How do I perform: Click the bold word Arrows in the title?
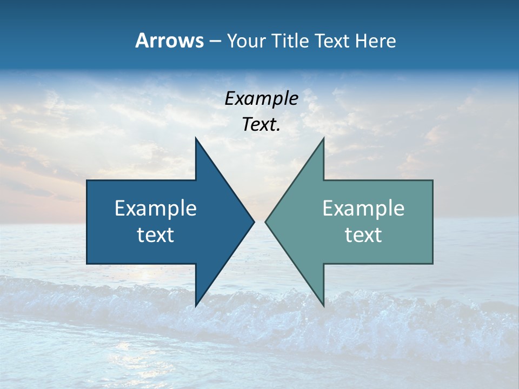169,41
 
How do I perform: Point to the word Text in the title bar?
333,41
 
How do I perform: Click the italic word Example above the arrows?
262,99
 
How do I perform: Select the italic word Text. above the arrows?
262,125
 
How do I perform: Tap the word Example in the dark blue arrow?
156,209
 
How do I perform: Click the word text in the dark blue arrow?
156,235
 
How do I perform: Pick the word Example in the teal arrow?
363,209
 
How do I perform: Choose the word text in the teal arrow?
363,235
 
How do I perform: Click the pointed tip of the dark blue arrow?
254,222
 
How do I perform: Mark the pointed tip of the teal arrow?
265,222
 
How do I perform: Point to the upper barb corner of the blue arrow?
196,138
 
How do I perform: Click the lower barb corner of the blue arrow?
196,306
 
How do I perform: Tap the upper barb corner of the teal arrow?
323,138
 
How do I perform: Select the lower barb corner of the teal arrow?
323,306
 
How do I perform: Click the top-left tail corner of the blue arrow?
87,180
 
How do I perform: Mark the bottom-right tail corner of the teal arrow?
432,264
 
